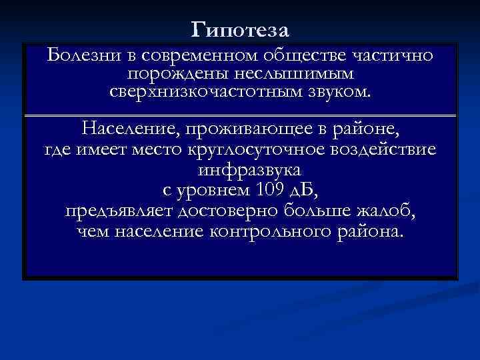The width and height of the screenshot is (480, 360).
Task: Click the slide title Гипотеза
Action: [x=239, y=29]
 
